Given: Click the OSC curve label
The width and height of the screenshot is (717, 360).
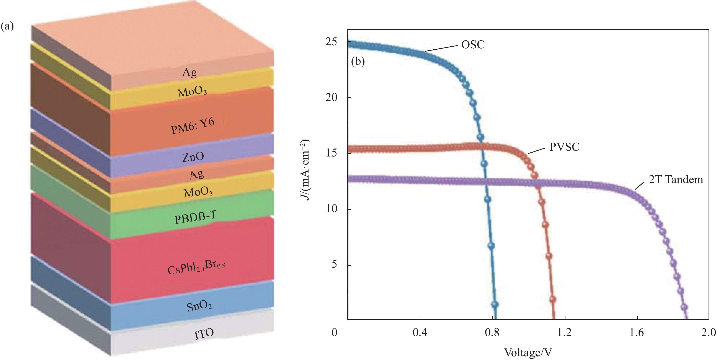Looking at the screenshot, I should [x=473, y=44].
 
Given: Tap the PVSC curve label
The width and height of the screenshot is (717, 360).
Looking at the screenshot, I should [x=564, y=147].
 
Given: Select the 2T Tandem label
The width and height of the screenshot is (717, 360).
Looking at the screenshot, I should [x=676, y=179].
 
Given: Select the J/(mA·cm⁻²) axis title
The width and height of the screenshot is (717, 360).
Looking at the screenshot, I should [x=305, y=170].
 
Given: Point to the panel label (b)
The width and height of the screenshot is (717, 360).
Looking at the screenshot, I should [x=358, y=62].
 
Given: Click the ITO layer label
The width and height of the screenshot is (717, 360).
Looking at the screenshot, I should [x=204, y=334].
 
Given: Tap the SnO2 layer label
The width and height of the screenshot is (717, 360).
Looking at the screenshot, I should [x=199, y=306].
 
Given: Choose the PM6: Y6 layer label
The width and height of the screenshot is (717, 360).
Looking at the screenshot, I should [x=193, y=126].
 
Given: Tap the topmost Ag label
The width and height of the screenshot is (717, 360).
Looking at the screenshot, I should [x=189, y=73].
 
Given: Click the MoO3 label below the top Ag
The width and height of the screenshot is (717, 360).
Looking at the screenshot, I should [x=192, y=92].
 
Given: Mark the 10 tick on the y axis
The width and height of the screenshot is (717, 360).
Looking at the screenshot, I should [x=331, y=209].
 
